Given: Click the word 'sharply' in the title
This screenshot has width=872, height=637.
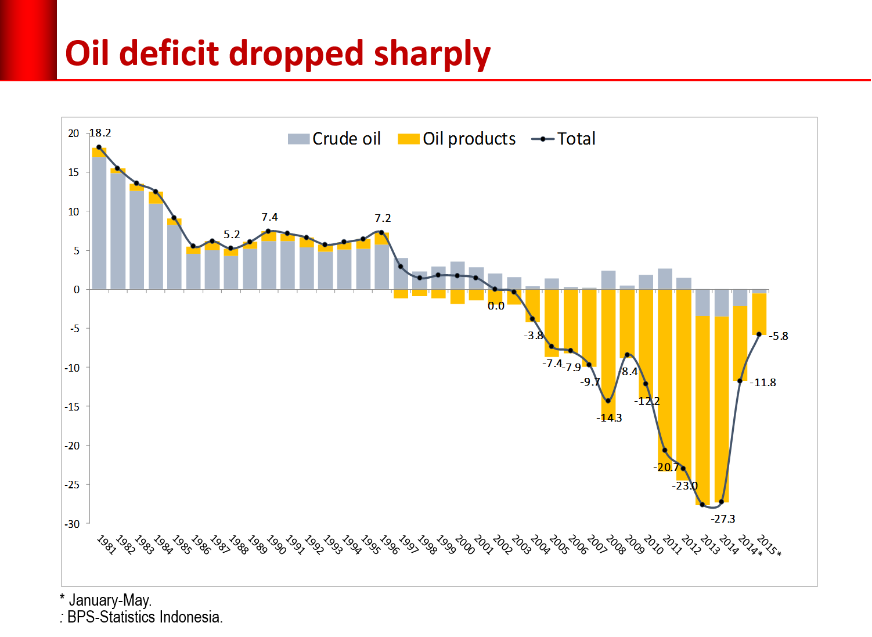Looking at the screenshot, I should pyautogui.click(x=432, y=54).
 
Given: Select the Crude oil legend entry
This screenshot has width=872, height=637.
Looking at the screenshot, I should pyautogui.click(x=334, y=139).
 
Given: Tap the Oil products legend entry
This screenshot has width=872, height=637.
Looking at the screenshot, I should pyautogui.click(x=457, y=139).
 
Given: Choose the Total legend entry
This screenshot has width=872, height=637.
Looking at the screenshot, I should pyautogui.click(x=564, y=139).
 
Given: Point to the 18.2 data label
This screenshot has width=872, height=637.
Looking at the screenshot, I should pyautogui.click(x=100, y=133).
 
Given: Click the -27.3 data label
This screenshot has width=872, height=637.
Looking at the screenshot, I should pyautogui.click(x=723, y=519).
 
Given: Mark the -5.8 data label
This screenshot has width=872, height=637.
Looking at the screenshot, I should pyautogui.click(x=779, y=336).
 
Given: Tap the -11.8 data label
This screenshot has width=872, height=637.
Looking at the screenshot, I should pyautogui.click(x=763, y=383).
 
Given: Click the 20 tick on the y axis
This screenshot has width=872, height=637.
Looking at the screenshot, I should pyautogui.click(x=73, y=134).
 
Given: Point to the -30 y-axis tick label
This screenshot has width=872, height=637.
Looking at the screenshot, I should pyautogui.click(x=72, y=524).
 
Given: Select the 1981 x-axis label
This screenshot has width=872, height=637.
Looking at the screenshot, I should pyautogui.click(x=106, y=545).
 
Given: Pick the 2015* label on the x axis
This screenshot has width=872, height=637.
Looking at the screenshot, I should pyautogui.click(x=769, y=545).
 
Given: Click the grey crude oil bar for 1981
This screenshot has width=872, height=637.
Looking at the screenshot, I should pyautogui.click(x=99, y=224).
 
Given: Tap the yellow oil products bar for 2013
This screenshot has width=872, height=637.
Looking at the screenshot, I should pyautogui.click(x=702, y=406).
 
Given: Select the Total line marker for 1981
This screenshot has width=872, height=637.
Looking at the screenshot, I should pyautogui.click(x=99, y=147).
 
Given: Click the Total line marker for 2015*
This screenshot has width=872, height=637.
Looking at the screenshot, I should pyautogui.click(x=759, y=334).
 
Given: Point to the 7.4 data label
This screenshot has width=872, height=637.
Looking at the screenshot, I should pyautogui.click(x=269, y=217).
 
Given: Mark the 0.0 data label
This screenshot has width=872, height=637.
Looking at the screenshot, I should pyautogui.click(x=496, y=306).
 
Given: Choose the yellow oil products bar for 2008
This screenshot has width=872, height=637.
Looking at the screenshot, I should pyautogui.click(x=608, y=348).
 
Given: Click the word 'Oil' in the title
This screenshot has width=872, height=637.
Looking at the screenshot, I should pyautogui.click(x=87, y=54).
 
